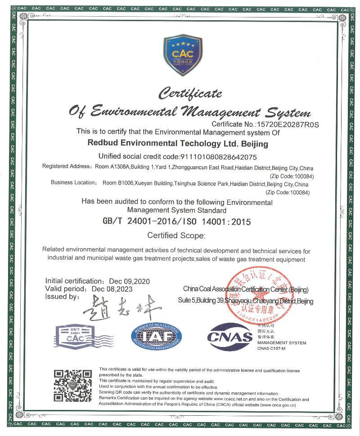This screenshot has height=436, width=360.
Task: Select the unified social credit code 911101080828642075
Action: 218,157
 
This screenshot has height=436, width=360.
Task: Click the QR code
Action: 72,385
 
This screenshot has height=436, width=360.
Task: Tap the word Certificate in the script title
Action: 191,93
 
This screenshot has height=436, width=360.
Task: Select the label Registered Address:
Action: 67,166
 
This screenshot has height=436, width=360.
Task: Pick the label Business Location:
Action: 74,183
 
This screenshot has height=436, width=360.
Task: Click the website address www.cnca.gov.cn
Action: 277,405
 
